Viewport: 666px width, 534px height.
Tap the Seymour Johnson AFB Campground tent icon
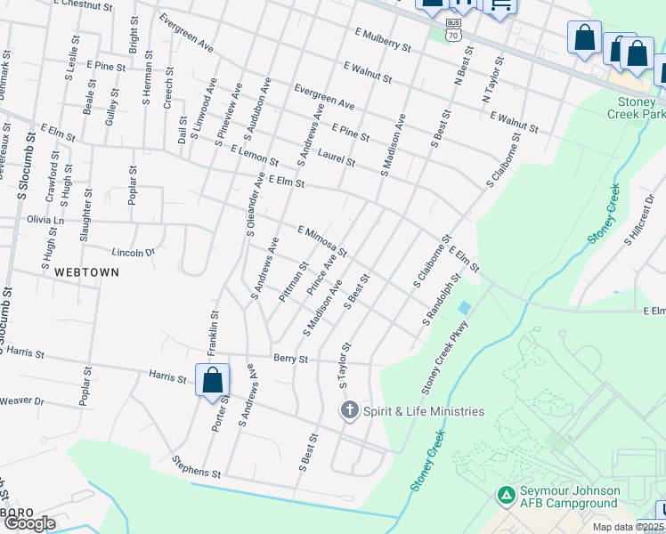coord(506,494)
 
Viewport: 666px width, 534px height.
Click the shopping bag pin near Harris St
coord(213,381)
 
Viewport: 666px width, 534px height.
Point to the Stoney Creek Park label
coord(636,108)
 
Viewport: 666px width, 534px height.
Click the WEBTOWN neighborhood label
coord(85,270)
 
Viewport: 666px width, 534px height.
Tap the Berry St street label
coord(290,360)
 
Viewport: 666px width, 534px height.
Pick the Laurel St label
coord(337,159)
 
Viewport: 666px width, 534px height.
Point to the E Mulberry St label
coord(382,39)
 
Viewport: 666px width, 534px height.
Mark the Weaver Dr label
coord(22,402)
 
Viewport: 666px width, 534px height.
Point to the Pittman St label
coord(293,281)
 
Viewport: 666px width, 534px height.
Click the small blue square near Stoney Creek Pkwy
coord(464,308)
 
